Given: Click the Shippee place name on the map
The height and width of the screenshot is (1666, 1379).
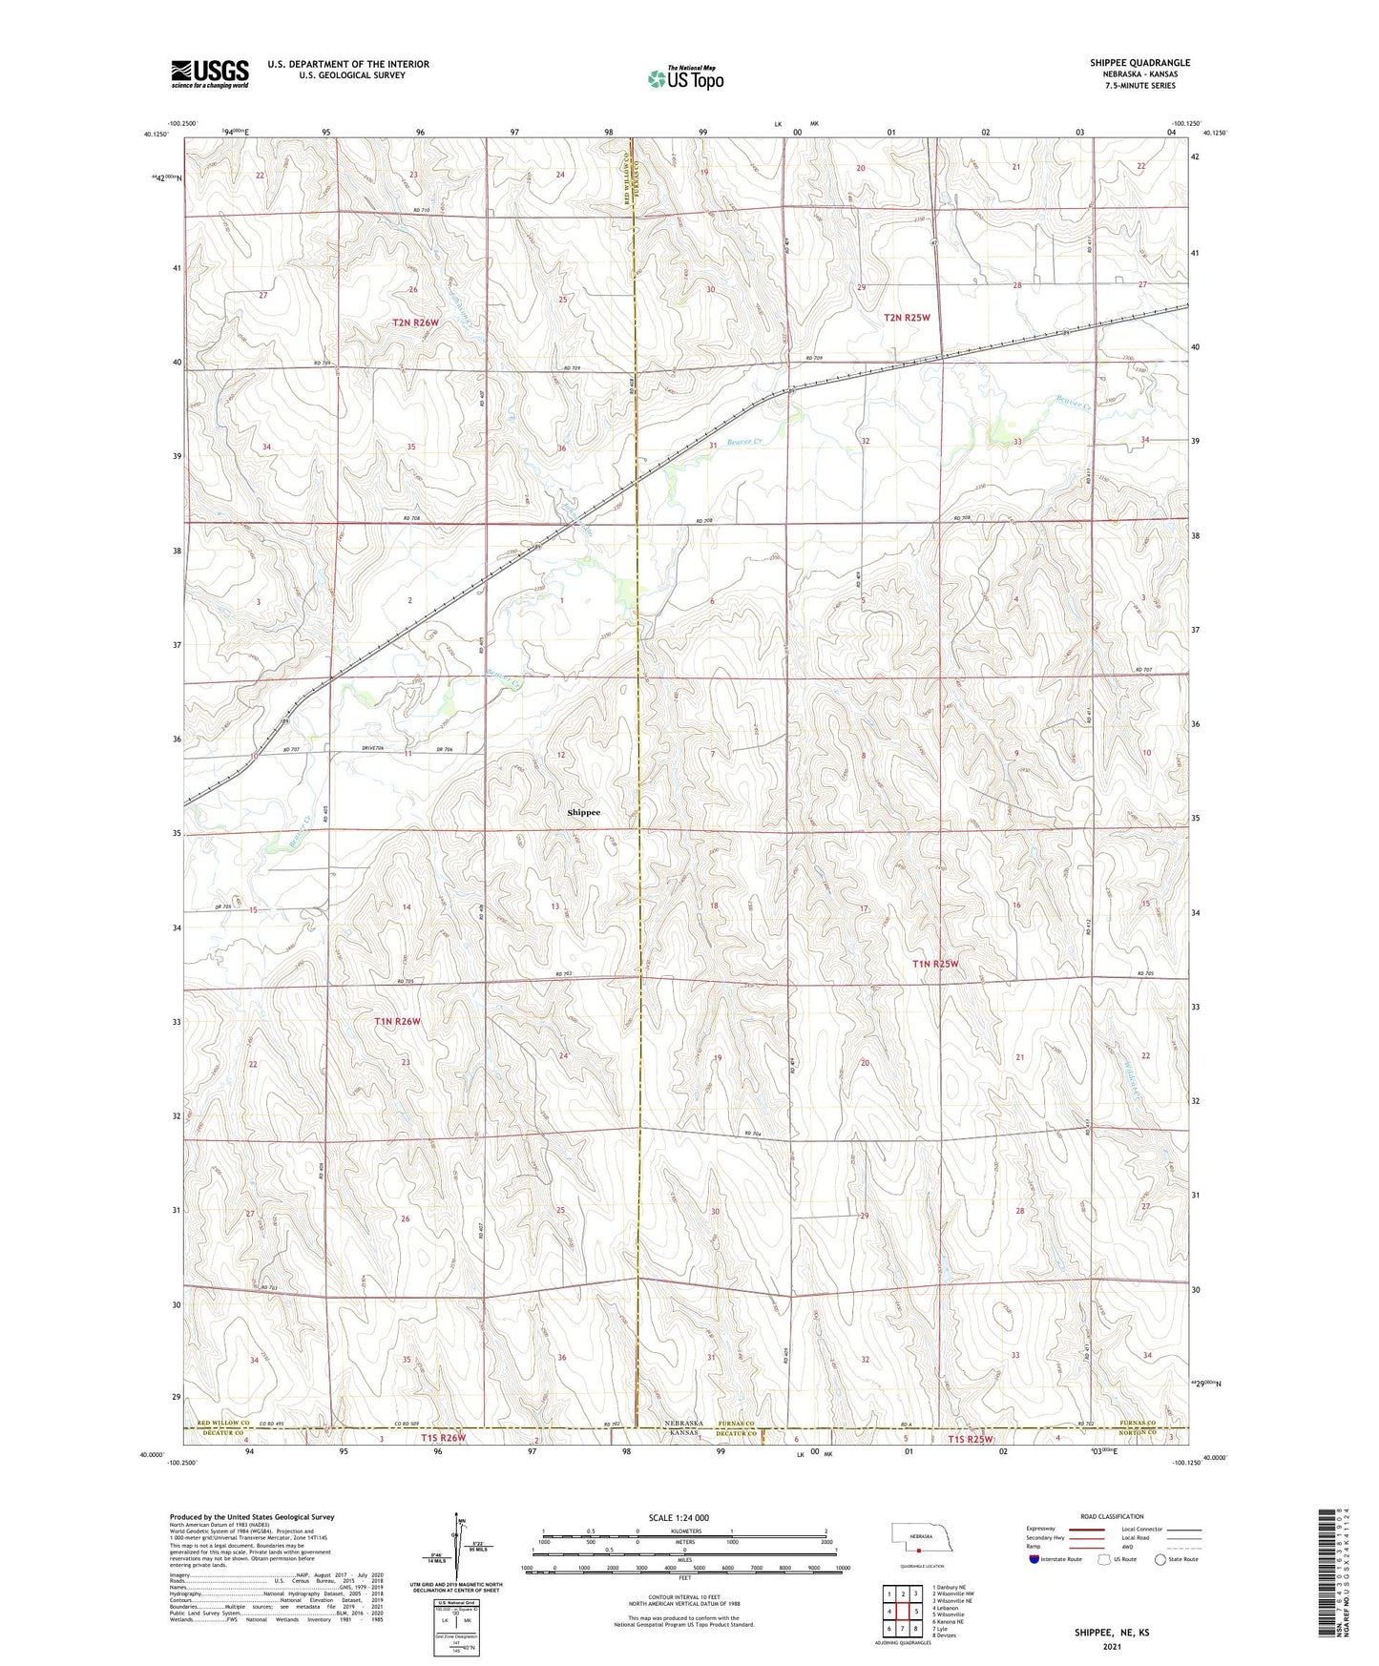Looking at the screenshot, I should click(x=583, y=812).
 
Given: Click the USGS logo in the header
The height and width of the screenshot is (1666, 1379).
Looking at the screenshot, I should click(x=210, y=73).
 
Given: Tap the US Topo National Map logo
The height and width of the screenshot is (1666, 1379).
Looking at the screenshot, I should click(x=685, y=78).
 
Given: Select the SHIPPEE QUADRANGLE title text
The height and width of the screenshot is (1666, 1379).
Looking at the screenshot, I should click(x=1139, y=63).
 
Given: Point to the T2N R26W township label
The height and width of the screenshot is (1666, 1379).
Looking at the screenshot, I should click(x=415, y=323).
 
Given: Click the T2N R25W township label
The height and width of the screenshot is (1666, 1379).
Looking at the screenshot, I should click(x=906, y=317).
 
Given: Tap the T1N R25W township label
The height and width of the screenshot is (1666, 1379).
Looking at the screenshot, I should click(x=934, y=964).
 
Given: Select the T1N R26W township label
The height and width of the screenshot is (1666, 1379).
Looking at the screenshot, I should click(x=397, y=1021).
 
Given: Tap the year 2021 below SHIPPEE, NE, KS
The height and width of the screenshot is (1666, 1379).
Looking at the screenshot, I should click(x=1111, y=1647).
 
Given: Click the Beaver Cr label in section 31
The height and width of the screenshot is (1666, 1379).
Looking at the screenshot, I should click(x=745, y=442).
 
